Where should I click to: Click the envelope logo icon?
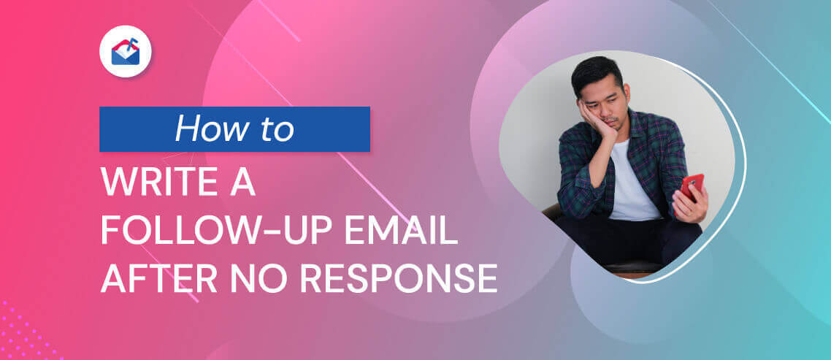click(x=126, y=51)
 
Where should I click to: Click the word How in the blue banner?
click(x=204, y=129)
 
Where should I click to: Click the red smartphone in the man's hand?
click(x=692, y=187)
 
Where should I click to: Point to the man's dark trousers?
click(x=625, y=239)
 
